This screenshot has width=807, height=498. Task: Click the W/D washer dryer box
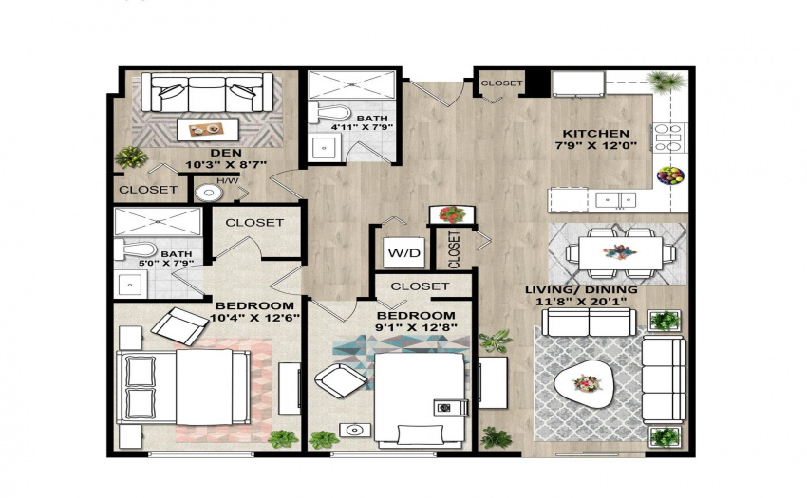(404, 252)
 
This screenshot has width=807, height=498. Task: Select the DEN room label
(226, 153)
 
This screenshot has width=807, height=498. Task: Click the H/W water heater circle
(209, 193)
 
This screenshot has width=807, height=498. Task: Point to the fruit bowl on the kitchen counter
(670, 175)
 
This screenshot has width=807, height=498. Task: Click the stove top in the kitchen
(669, 138)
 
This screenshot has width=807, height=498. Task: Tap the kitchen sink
(615, 199)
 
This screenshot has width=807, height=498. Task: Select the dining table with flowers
(620, 252)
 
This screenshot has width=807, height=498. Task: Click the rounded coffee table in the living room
(585, 384)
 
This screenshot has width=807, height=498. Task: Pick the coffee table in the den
(208, 129)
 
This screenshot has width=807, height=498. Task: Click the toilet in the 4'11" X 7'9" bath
(328, 112)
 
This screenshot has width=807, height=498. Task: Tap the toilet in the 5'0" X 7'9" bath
(136, 249)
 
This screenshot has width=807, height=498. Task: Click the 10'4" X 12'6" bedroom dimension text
(254, 318)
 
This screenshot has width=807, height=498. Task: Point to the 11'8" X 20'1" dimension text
(581, 302)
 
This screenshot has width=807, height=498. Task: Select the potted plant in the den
(131, 157)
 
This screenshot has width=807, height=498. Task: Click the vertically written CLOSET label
(454, 249)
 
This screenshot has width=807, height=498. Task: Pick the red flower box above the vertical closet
(452, 214)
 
